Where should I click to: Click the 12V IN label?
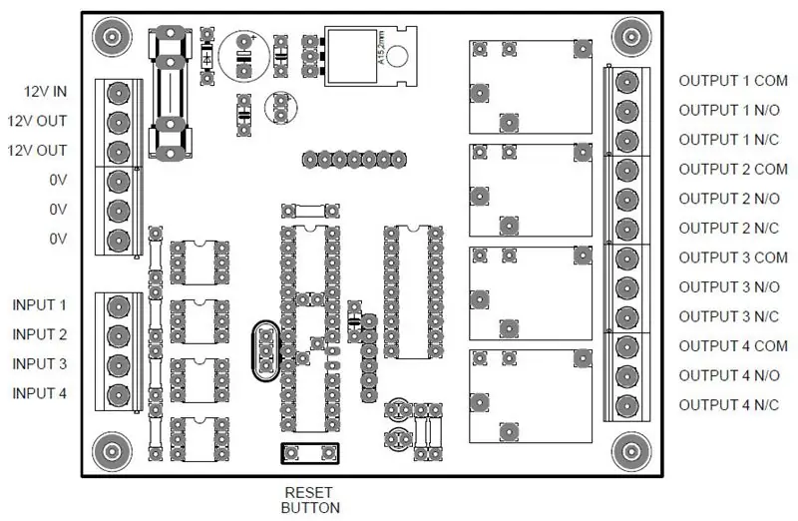click(x=45, y=92)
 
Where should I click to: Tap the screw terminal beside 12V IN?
click(x=118, y=93)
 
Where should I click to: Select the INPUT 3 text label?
click(x=39, y=364)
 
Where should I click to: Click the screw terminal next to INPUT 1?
click(x=118, y=306)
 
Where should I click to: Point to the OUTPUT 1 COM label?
click(x=733, y=81)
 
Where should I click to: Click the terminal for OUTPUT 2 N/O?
click(x=627, y=200)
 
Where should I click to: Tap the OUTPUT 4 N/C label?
click(x=729, y=405)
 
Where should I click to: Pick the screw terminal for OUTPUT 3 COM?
click(x=627, y=259)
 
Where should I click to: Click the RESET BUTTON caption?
click(x=310, y=500)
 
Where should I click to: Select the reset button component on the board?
click(x=310, y=453)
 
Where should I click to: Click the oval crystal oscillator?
click(x=265, y=351)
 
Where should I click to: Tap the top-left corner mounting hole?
click(x=112, y=37)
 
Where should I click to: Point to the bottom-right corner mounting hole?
click(x=631, y=451)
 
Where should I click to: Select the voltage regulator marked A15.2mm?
click(x=370, y=56)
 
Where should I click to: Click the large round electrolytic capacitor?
click(x=244, y=56)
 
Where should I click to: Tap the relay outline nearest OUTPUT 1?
click(x=531, y=87)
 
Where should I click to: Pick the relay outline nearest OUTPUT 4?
click(x=531, y=395)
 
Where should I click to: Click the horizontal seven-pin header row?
click(x=354, y=160)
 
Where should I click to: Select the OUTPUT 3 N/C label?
click(x=729, y=316)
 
